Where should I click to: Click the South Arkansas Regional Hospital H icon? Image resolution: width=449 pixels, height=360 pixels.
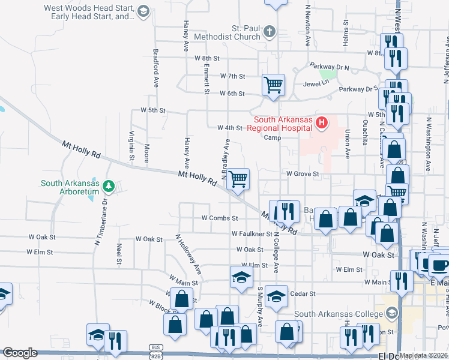tap(322, 124)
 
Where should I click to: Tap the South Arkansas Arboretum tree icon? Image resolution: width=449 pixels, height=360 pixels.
tap(109, 187)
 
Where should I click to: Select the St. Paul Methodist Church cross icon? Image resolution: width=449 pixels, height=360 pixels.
tap(270, 31)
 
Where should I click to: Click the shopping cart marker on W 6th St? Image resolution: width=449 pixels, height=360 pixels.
tap(274, 85)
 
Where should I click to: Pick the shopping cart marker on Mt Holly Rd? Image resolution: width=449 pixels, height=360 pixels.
tap(238, 178)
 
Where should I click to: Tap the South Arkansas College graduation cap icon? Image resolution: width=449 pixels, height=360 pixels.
tap(392, 314)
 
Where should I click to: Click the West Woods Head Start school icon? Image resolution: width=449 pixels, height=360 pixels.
tap(143, 11)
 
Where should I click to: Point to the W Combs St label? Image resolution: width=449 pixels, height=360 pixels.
tap(220, 218)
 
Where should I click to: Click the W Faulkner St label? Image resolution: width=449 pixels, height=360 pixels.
tap(251, 233)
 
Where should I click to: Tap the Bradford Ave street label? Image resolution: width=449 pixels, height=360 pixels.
tap(155, 68)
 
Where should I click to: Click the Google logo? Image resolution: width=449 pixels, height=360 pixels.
tap(19, 353)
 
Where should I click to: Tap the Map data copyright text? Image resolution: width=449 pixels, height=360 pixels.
tap(423, 355)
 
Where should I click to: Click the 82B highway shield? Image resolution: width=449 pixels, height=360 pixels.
tap(156, 354)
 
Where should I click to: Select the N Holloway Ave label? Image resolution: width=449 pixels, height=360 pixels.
tap(187, 255)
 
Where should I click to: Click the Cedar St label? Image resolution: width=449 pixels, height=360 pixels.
tap(304, 293)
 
